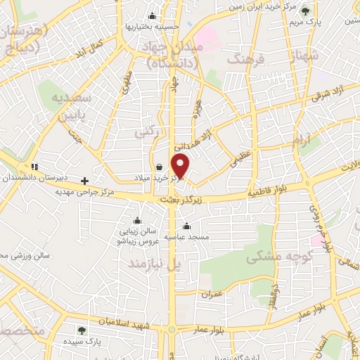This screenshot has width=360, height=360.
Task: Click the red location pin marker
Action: pos(181,166)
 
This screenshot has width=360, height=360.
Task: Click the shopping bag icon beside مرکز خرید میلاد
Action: pos(161,167)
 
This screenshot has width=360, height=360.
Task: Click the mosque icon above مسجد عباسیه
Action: pos(186,226)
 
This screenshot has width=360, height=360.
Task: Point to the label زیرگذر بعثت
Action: pos(182,200)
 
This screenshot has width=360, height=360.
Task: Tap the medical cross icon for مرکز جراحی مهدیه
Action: pos(85,181)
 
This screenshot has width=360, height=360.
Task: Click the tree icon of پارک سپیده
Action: pos(82,329)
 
